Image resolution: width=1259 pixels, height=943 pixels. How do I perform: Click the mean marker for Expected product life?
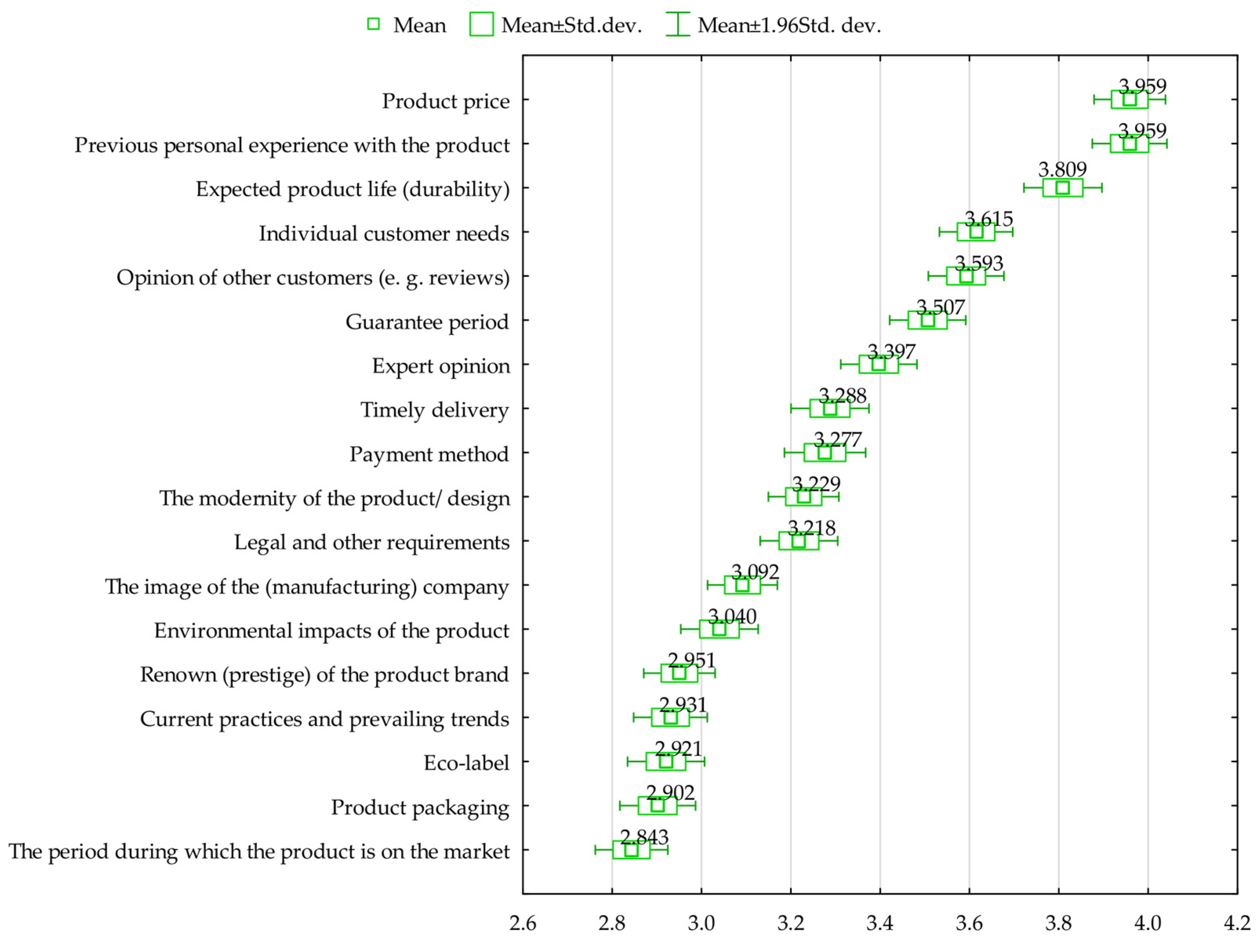[x=1062, y=188]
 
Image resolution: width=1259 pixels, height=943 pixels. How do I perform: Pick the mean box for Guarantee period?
[x=928, y=320]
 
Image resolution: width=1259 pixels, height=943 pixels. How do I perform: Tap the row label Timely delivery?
[x=434, y=410]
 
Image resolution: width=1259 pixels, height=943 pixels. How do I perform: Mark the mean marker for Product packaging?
[x=657, y=805]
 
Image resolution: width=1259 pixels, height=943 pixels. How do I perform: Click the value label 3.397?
[x=891, y=352]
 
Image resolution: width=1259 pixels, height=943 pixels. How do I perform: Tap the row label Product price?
[x=446, y=101]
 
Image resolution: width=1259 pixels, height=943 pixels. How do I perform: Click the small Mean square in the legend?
[x=374, y=24]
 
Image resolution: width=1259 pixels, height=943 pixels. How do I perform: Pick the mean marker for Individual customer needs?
[x=976, y=232]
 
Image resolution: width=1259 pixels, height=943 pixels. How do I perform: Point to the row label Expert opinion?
[x=441, y=366]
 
